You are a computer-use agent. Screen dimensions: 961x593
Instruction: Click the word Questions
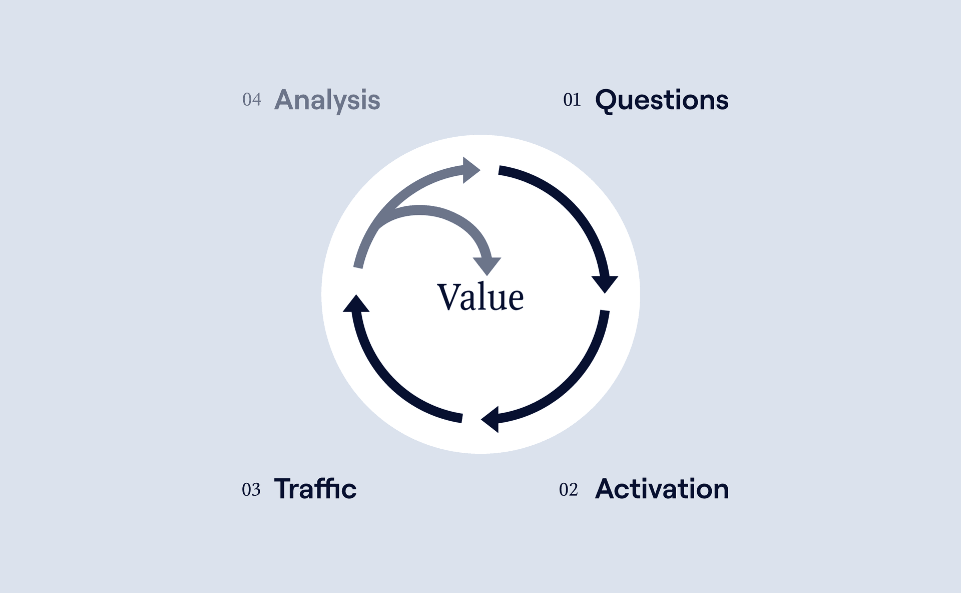[x=662, y=100]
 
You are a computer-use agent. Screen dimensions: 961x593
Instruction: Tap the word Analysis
[x=327, y=100]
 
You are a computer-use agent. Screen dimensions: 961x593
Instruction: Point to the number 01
[x=572, y=100]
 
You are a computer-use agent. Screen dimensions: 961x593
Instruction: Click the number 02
[x=569, y=489]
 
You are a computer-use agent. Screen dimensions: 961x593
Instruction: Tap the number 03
[x=251, y=489]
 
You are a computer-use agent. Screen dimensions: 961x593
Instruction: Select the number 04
[x=252, y=100]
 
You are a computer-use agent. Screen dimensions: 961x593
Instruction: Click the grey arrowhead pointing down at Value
[x=487, y=265]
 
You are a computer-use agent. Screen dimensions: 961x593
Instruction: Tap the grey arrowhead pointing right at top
[x=470, y=170]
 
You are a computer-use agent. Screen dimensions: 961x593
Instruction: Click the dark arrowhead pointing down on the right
[x=605, y=283]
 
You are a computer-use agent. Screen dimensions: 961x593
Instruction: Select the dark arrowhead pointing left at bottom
[x=491, y=419]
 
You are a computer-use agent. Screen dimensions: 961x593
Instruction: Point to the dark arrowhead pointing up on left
[x=356, y=304]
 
